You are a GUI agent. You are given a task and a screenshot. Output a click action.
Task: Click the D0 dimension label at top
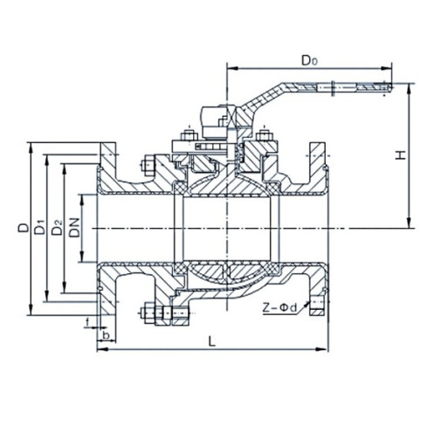pyautogui.click(x=308, y=60)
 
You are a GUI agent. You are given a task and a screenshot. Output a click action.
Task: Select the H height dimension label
pyautogui.click(x=399, y=155)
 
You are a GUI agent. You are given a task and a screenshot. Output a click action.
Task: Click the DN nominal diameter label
pyautogui.click(x=76, y=229)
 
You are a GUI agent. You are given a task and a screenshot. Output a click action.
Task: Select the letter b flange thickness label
pyautogui.click(x=105, y=334)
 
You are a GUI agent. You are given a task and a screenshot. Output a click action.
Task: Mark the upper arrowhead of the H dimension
pyautogui.click(x=409, y=87)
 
